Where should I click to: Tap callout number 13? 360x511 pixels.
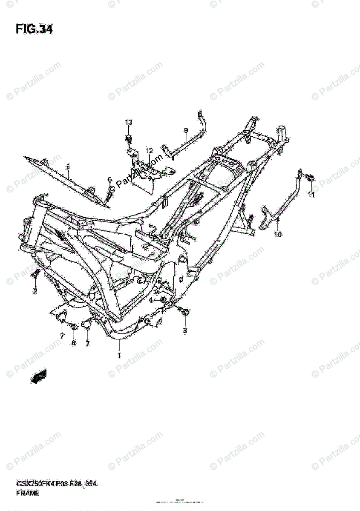click(129, 122)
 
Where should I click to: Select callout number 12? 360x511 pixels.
click(149, 151)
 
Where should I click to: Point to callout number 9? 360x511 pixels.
click(186, 130)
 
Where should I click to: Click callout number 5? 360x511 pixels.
click(67, 167)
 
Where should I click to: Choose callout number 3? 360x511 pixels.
click(185, 330)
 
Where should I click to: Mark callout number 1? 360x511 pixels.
click(119, 355)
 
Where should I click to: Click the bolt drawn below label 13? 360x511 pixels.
click(129, 139)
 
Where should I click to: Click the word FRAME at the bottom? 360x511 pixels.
click(27, 494)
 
